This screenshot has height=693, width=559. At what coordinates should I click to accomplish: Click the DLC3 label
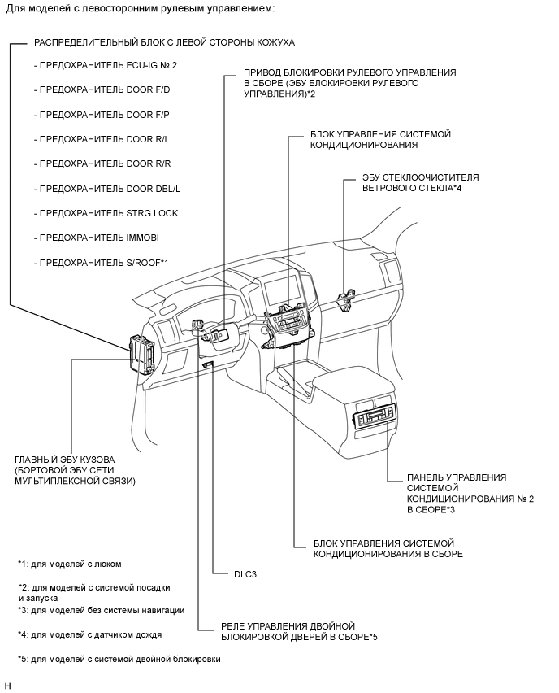point(245,573)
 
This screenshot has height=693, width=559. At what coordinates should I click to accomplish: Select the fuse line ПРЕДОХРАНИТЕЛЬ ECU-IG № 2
point(106,64)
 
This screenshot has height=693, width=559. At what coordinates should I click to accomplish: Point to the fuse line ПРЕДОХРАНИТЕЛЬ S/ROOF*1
point(101,263)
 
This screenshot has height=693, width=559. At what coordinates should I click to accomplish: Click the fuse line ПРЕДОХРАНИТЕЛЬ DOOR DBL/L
point(107,188)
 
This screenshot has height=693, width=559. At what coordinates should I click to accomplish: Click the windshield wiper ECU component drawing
point(348,298)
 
